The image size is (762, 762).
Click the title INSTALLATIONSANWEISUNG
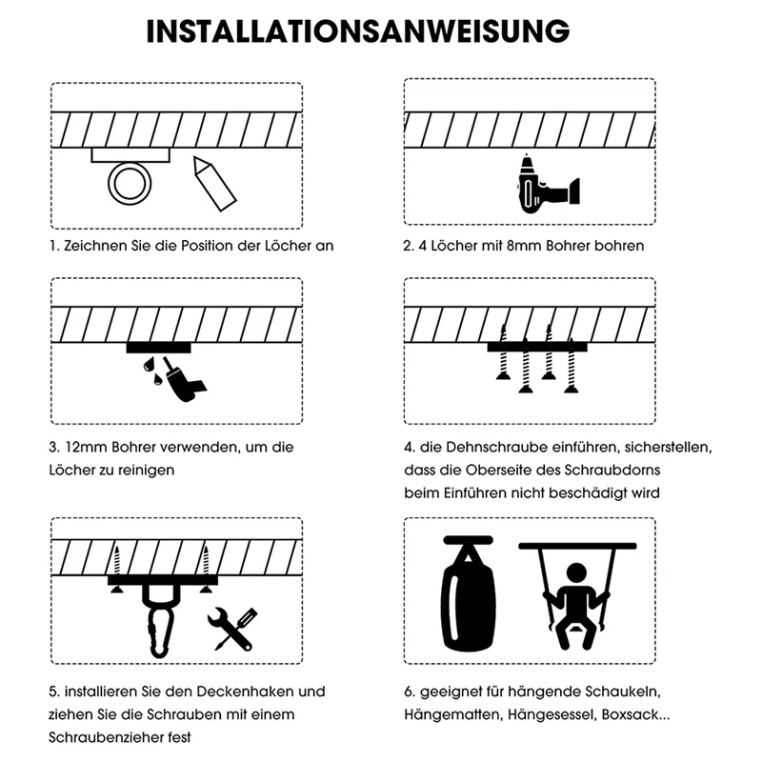click(x=359, y=30)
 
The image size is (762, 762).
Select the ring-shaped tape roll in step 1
click(x=125, y=181)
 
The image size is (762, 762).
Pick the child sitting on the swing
click(x=576, y=603)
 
